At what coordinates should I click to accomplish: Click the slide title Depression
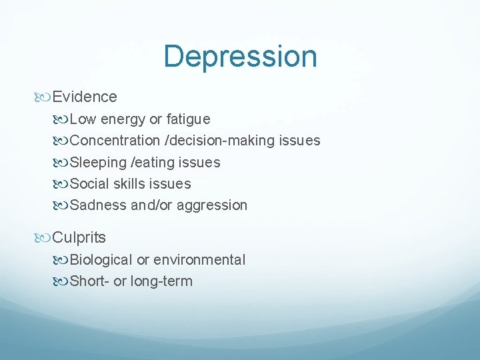click(240, 57)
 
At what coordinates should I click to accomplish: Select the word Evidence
click(85, 97)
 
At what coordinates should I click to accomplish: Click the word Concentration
click(115, 141)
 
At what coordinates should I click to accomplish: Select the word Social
click(89, 183)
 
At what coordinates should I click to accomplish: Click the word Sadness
click(99, 205)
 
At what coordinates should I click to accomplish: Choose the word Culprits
click(79, 237)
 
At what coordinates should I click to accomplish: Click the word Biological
click(101, 259)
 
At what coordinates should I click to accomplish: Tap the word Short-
click(90, 281)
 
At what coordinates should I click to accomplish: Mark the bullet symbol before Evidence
click(45, 97)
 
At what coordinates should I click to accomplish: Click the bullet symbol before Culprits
click(45, 237)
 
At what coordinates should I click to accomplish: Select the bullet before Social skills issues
click(62, 184)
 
